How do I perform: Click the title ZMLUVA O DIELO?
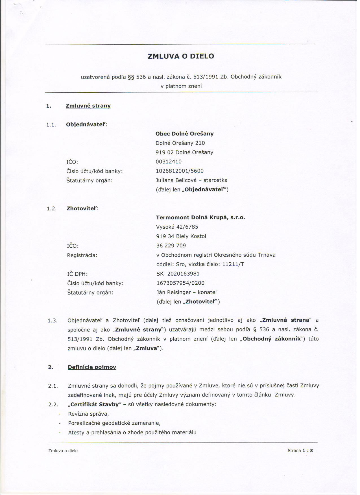[x=181, y=56]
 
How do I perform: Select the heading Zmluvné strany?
[x=88, y=106]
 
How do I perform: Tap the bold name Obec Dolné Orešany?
[x=184, y=134]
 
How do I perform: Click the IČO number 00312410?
[x=169, y=162]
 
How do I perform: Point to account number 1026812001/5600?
[x=180, y=171]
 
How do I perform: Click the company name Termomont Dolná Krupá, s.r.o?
[x=200, y=217]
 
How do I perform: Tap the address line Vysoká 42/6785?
[x=177, y=227]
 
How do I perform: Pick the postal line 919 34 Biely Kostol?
[x=181, y=236]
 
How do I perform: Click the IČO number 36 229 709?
[x=171, y=246]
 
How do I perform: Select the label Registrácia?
[x=82, y=255]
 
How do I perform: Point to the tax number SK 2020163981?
[x=178, y=274]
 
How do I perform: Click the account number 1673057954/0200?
[x=180, y=283]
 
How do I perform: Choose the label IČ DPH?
[x=77, y=274]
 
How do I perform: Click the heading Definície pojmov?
[x=92, y=367]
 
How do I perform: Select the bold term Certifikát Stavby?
[x=95, y=404]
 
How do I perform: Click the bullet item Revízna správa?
[x=88, y=414]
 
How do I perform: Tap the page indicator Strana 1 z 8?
[x=300, y=451]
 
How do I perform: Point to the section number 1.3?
[x=53, y=320]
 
